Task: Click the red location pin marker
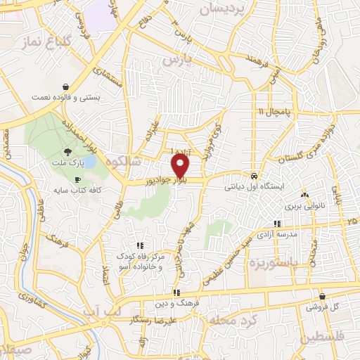tap(181, 166)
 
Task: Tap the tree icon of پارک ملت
tap(67, 151)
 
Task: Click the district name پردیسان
tap(225, 9)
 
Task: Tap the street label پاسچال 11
tap(276, 112)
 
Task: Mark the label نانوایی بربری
tap(303, 208)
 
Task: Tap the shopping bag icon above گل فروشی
tap(321, 296)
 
